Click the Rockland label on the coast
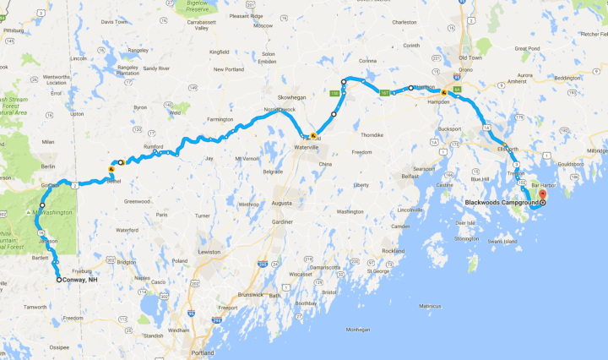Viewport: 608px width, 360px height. pos(393,251)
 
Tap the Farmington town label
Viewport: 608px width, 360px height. pos(220,119)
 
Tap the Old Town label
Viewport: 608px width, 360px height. pos(470,57)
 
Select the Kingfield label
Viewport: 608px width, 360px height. pos(220,52)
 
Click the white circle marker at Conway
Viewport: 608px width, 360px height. pos(59,280)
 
